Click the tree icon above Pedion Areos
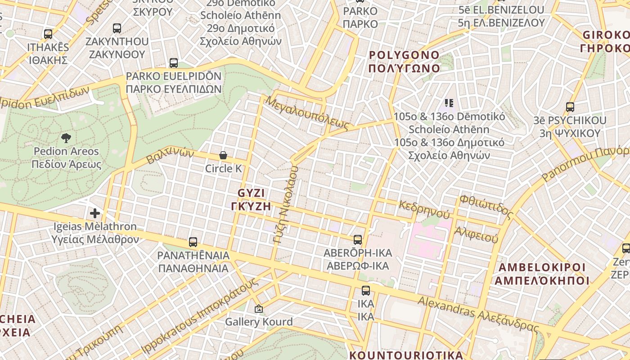tap(66, 138)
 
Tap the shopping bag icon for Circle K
tap(223, 155)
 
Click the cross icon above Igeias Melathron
tap(94, 213)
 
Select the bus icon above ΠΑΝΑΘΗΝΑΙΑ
tap(193, 242)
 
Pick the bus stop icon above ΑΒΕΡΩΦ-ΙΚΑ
tap(358, 240)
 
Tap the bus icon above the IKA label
tap(366, 291)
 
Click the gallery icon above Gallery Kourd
tap(258, 309)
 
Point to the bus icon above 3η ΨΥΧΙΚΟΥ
tap(570, 107)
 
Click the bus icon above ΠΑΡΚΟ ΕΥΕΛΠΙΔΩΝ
tap(174, 63)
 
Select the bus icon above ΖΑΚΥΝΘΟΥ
tap(117, 28)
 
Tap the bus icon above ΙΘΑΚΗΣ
tap(48, 34)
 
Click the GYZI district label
tap(251, 199)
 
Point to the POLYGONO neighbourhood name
tap(404, 62)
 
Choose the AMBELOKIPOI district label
tap(542, 274)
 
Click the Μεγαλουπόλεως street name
tap(307, 112)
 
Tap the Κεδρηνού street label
tap(424, 210)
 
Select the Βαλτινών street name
tap(170, 157)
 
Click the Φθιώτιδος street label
tap(486, 205)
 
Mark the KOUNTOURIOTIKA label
tap(406, 355)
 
